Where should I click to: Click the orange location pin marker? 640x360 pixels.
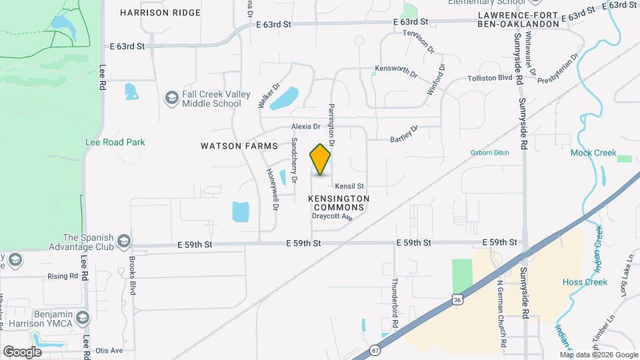tap(320, 159)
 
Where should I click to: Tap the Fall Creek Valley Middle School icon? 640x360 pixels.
tap(172, 99)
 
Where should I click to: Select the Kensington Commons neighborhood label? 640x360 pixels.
tap(338, 203)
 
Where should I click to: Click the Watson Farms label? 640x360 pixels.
tap(230, 145)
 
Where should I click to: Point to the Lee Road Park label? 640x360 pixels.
tap(115, 142)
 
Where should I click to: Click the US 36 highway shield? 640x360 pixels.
tap(457, 300)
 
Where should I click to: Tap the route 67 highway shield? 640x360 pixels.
tap(376, 349)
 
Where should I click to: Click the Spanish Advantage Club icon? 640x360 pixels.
tap(124, 241)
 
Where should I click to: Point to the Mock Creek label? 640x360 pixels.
tap(593, 153)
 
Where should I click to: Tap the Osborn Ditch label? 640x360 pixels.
tap(489, 153)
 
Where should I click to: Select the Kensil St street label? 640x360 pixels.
tap(349, 186)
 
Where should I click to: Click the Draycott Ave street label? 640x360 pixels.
tap(331, 217)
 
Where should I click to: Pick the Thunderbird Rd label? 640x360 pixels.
tap(395, 302)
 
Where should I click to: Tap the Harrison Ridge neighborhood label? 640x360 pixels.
tap(160, 13)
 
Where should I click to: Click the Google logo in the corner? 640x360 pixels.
tap(22, 351)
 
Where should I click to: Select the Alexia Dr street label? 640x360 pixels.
tap(305, 126)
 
